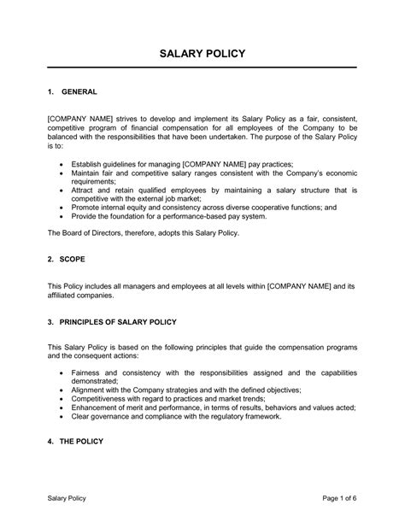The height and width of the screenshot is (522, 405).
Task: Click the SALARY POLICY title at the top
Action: (x=202, y=54)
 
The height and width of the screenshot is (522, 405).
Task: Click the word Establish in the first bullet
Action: (x=90, y=162)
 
